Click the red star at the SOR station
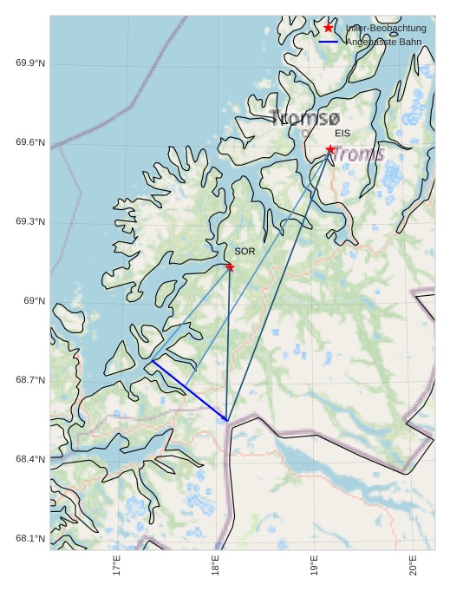(x=230, y=266)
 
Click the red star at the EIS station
(x=330, y=150)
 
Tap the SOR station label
(x=245, y=251)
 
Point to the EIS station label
(x=342, y=134)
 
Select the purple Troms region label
(x=359, y=154)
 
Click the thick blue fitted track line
(x=189, y=391)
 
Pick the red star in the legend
(x=328, y=29)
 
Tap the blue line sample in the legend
(x=328, y=42)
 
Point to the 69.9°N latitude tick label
(x=30, y=63)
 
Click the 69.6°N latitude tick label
(x=30, y=142)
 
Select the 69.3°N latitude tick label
(x=30, y=222)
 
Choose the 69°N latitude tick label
(x=34, y=301)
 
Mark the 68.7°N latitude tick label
(x=30, y=381)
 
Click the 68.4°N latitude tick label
(x=30, y=460)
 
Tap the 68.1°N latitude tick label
(x=30, y=539)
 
